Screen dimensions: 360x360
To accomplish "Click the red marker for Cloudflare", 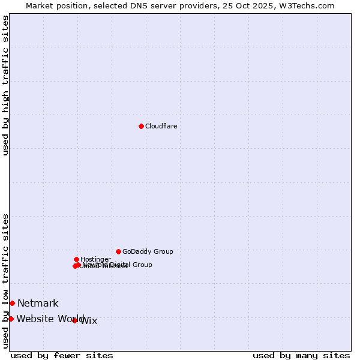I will (141, 126).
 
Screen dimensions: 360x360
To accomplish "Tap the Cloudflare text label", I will (161, 126).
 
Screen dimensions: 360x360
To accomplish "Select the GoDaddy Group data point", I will (118, 251).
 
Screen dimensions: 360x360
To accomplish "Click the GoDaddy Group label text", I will (148, 251).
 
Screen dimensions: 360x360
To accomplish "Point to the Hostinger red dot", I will (76, 259).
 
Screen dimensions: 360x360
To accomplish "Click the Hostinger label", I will (95, 259).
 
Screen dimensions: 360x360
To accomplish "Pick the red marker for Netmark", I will (12, 303).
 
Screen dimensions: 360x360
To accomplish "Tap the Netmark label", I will (38, 304).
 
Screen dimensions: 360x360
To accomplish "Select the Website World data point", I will (11, 319).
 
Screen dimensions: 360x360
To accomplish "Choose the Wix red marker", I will (74, 320).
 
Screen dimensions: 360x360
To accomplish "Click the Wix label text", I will (89, 321).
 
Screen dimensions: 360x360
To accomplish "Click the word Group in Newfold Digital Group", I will (142, 265).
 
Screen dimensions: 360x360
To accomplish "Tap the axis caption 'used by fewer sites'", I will (62, 355).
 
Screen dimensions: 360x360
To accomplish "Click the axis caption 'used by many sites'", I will (301, 355).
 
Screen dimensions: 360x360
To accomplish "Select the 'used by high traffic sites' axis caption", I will (5, 85).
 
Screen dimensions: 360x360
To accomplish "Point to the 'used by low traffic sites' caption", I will (5, 281).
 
